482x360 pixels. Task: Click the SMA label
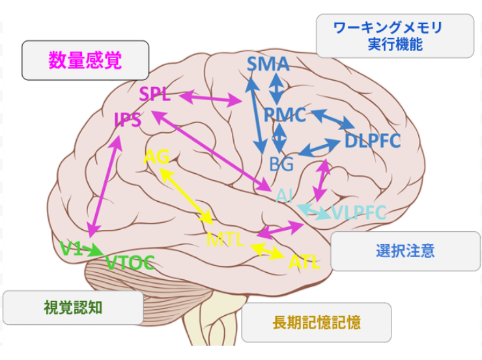coord(268,64)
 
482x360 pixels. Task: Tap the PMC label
coord(285,115)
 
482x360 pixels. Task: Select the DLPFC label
coord(373,141)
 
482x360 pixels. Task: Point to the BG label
coord(281,163)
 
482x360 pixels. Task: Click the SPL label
coord(154,94)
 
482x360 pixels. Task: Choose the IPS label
coord(128,120)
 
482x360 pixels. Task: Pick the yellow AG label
coord(156,156)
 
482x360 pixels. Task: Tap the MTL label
coord(225,240)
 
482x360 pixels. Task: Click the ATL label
coord(304,262)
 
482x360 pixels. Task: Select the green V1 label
coord(71,248)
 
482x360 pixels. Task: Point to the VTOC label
coord(130,262)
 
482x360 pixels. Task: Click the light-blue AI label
coord(284,196)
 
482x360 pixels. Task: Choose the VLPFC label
coord(359,212)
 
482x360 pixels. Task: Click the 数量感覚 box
coord(85,60)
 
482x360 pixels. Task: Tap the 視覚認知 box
coord(73,307)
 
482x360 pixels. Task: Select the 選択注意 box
coord(405,251)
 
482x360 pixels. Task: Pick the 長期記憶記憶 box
coord(317,322)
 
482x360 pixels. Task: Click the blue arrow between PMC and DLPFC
coord(333,119)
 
